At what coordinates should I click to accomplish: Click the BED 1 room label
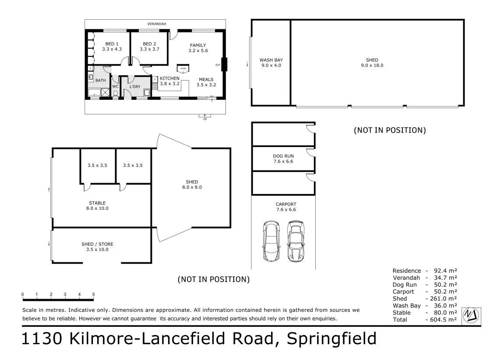tap(112, 44)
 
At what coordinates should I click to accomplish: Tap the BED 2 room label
tap(149, 44)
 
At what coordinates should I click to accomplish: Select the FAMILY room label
tap(198, 45)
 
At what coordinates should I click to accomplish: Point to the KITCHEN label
tap(170, 78)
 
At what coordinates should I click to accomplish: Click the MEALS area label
tap(206, 79)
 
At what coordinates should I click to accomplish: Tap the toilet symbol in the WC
tap(116, 93)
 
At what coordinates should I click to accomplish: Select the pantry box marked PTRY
tap(183, 69)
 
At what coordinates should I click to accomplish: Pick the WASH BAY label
tap(271, 60)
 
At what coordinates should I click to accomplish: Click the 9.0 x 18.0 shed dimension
tap(372, 65)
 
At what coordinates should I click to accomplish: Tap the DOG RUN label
tap(283, 156)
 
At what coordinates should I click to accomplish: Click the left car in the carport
tap(271, 241)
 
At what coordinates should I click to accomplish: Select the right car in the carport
tap(296, 241)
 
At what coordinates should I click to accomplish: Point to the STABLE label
tap(97, 203)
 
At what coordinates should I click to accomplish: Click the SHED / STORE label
tap(97, 244)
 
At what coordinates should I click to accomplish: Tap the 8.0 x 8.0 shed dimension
tap(192, 187)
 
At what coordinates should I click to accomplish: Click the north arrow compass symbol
tap(471, 315)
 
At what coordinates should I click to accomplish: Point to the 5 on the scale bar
tap(94, 294)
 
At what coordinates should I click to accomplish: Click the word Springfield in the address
tap(331, 339)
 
